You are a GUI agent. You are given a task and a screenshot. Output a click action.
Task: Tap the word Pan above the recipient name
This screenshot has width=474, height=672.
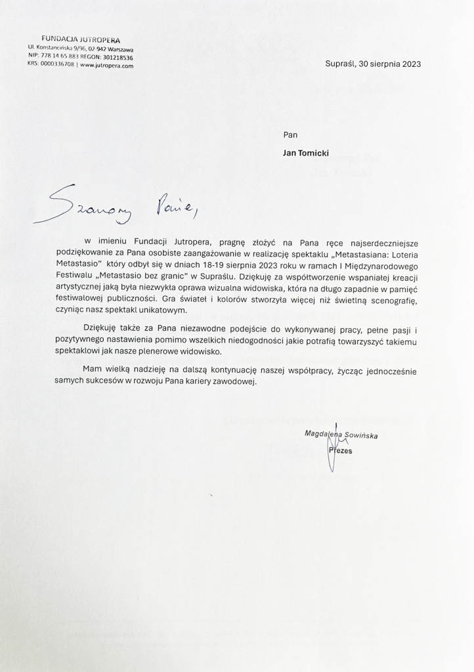290,135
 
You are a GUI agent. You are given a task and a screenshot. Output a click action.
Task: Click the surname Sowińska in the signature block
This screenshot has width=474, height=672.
377,434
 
